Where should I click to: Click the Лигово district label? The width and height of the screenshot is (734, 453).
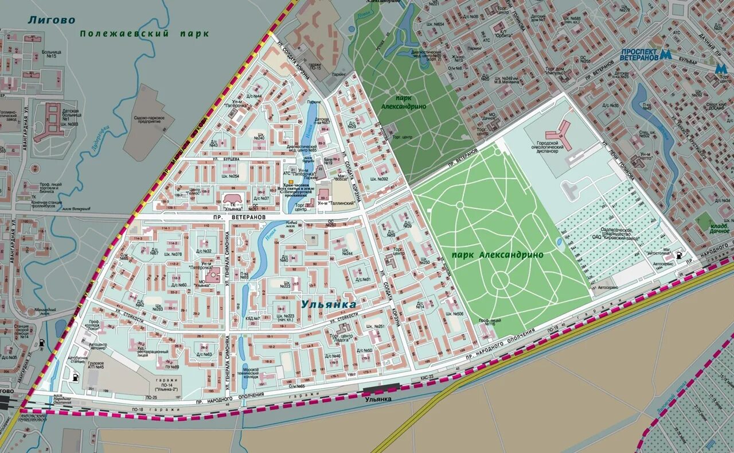click(x=51, y=20)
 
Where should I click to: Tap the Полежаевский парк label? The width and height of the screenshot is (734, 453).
click(x=144, y=34)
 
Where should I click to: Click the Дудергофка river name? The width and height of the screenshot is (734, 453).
click(x=100, y=140)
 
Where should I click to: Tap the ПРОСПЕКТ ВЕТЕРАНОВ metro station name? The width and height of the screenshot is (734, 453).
click(x=639, y=55)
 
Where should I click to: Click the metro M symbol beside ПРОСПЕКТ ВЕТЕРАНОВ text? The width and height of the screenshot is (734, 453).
click(x=666, y=55)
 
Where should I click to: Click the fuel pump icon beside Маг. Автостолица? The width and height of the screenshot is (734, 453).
click(x=679, y=254)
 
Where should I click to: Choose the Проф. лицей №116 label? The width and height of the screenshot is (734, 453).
click(x=487, y=323)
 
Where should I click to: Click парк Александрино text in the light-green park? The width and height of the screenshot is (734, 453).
click(x=497, y=254)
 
